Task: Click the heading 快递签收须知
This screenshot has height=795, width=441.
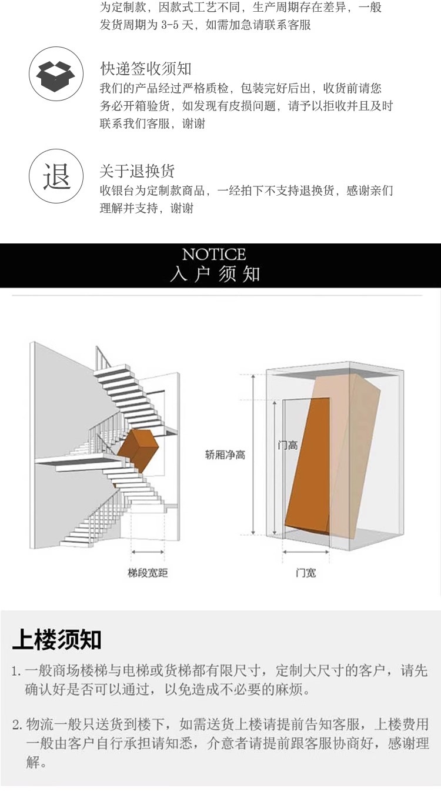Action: (x=145, y=69)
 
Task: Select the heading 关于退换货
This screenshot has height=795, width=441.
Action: (x=137, y=171)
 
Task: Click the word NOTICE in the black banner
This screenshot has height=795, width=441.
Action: (x=214, y=255)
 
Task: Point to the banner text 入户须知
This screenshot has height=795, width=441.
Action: (x=215, y=275)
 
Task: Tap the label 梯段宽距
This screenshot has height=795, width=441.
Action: (x=148, y=573)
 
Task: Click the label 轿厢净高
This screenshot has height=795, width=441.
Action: (x=225, y=455)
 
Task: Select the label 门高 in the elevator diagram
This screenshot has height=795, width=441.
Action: (x=288, y=446)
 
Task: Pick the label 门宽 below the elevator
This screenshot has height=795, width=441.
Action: (x=306, y=573)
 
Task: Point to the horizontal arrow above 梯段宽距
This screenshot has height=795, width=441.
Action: (x=148, y=552)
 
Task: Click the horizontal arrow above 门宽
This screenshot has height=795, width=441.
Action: (x=306, y=552)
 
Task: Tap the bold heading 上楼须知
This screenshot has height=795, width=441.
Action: (x=56, y=640)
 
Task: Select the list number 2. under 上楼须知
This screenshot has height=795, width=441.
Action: (x=17, y=725)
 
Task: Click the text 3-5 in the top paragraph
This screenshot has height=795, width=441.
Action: (x=171, y=25)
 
